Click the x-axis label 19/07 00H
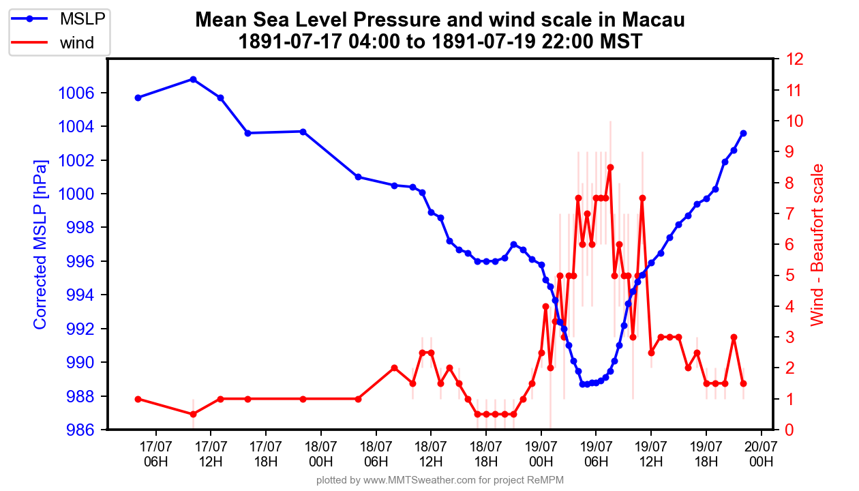[541, 453]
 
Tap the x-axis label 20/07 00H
[761, 453]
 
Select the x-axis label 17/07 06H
[156, 453]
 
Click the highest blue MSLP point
[193, 79]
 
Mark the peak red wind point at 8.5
[610, 167]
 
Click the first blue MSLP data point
[138, 98]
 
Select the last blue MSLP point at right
[743, 133]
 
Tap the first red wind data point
[138, 399]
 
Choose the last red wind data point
[743, 383]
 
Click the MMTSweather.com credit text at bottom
[440, 481]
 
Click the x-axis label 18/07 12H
[431, 453]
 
